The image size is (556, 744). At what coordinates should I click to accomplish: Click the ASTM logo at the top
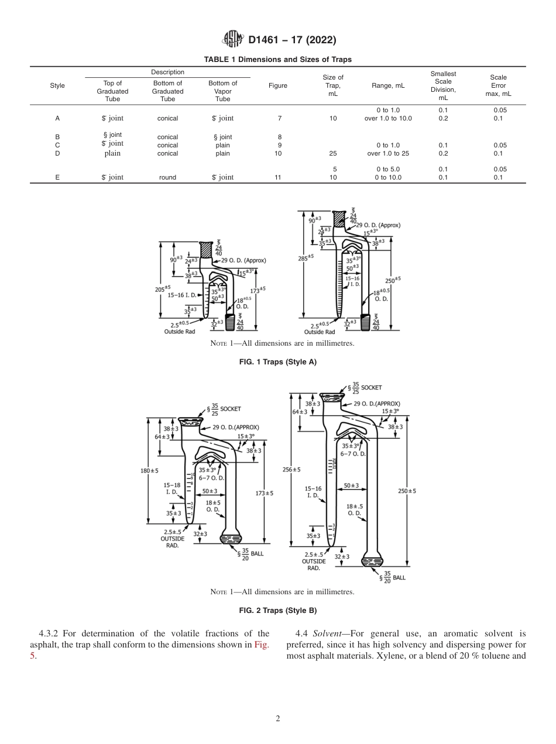tap(234, 40)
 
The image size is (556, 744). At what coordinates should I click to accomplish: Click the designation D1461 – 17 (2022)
tap(291, 40)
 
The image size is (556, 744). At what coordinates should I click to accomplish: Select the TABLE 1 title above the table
tap(277, 60)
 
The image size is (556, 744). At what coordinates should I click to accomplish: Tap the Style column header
tap(57, 85)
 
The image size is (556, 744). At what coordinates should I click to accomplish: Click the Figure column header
tap(277, 85)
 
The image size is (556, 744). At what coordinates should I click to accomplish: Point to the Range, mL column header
tap(387, 85)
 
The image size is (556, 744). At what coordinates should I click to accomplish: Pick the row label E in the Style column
tap(57, 177)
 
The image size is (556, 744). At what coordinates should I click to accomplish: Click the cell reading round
tap(167, 177)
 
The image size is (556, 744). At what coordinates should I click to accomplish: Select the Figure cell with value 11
tap(277, 177)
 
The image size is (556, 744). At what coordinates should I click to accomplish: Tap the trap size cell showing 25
tap(333, 154)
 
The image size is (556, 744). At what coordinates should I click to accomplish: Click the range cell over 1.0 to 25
tap(387, 154)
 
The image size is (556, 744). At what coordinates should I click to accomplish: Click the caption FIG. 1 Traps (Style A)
tap(277, 362)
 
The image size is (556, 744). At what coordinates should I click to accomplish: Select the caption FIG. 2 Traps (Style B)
tap(277, 611)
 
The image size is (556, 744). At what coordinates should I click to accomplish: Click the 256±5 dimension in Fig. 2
tap(291, 470)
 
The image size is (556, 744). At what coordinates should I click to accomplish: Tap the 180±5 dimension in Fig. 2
tap(149, 471)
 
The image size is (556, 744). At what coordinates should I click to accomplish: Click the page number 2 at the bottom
tap(277, 719)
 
